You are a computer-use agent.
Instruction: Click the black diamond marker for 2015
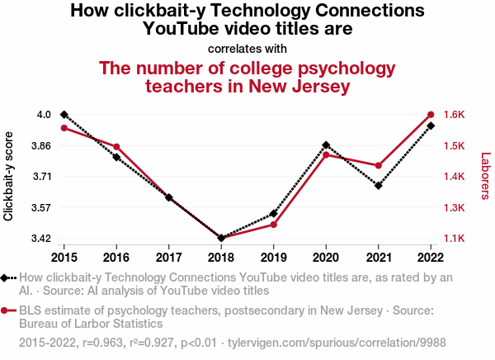point(64,114)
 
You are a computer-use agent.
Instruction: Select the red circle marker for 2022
point(431,114)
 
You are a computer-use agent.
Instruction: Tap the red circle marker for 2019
point(274,225)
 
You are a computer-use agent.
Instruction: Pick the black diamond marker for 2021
point(379,186)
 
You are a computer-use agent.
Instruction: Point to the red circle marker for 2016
point(116,147)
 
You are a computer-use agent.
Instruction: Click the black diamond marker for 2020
point(326,145)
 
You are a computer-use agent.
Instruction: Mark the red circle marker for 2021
point(379,166)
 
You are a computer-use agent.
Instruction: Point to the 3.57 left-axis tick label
point(40,207)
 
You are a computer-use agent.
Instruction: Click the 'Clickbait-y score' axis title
point(9,176)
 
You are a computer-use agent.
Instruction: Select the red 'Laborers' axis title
point(485,176)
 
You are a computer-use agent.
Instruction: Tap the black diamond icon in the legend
point(7,278)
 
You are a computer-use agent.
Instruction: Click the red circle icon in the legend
point(7,310)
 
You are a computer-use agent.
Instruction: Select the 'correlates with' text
point(247,48)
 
